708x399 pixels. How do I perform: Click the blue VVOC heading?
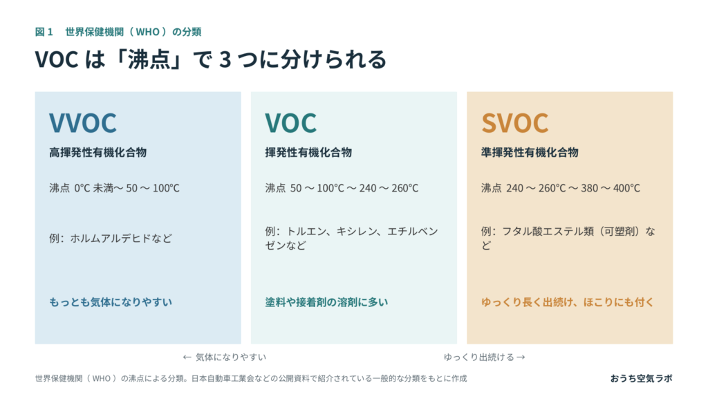coord(83,123)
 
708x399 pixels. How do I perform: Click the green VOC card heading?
coord(291,123)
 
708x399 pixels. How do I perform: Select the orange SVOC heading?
coord(514,123)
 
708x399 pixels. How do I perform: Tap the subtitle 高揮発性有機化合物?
coord(98,153)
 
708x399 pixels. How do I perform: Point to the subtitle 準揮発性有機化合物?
coord(530,153)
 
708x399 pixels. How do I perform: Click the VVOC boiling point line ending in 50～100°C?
coord(114,188)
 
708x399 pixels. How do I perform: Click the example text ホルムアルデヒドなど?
coord(121,239)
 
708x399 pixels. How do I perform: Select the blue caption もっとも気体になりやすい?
coord(111,302)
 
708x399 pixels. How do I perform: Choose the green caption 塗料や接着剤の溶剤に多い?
coord(326,302)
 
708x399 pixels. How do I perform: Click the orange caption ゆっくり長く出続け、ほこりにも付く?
coord(567,302)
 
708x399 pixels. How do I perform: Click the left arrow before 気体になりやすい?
coord(187,358)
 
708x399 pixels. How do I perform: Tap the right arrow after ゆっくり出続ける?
coord(521,358)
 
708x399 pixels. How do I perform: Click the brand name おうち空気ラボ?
coord(641,378)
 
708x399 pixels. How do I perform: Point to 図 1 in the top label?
coord(44,32)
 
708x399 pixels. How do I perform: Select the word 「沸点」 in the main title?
coord(149,59)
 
